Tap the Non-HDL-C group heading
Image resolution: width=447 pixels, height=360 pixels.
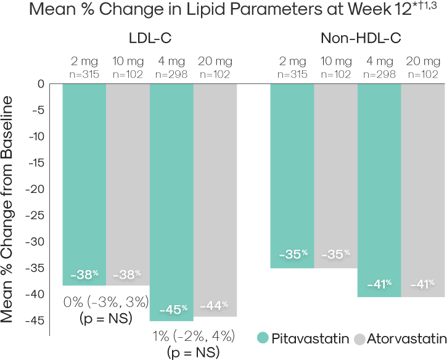coord(361,39)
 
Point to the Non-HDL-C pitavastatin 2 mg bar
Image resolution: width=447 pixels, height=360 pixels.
coord(292,173)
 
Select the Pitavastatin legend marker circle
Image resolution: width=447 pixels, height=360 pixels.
coord(263,338)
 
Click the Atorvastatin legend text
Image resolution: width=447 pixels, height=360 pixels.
coord(406,338)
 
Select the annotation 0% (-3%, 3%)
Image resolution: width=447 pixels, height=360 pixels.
coord(105,302)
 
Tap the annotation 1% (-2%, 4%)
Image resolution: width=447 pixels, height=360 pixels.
coord(192,337)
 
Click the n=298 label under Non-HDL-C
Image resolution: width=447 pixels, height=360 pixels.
coord(379,74)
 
